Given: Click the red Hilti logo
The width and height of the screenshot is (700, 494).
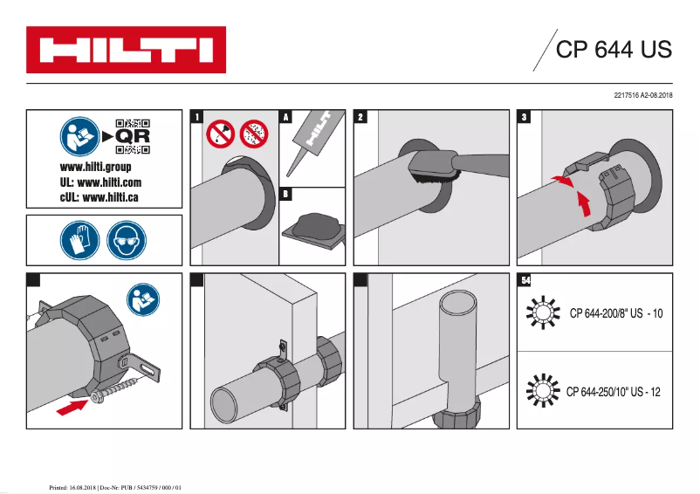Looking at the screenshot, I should [126, 50].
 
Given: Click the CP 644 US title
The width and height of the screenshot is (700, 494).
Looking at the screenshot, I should [614, 49].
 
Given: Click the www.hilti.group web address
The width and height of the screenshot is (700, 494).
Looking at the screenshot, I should [95, 167].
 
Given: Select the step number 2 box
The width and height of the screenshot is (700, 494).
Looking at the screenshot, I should [360, 116].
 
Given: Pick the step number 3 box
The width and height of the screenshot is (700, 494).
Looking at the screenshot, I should [524, 116].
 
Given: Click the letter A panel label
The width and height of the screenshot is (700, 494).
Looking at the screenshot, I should [285, 116].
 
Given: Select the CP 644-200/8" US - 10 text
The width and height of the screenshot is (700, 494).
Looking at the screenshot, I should [616, 313].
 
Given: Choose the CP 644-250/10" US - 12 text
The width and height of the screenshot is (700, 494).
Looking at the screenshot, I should [614, 392].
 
